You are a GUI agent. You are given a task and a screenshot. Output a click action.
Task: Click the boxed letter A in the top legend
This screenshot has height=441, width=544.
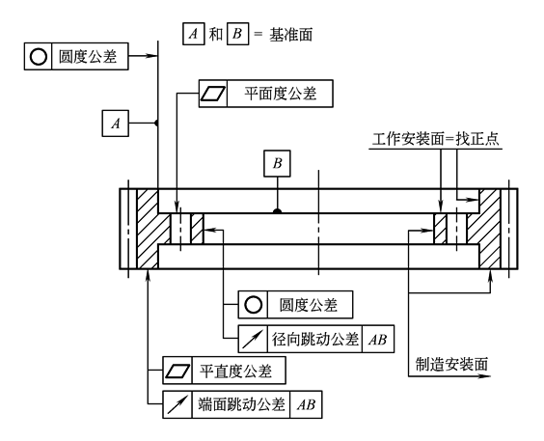pyautogui.click(x=194, y=34)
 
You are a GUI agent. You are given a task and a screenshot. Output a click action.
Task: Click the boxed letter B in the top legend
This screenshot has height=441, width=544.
pyautogui.click(x=237, y=34)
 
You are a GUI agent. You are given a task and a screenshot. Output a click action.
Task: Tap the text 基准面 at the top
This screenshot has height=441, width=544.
pyautogui.click(x=290, y=35)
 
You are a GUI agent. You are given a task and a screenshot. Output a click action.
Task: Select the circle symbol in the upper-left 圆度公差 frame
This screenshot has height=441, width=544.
pyautogui.click(x=39, y=57)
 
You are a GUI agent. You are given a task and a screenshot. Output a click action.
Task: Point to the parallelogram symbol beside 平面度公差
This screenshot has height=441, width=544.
pyautogui.click(x=213, y=94)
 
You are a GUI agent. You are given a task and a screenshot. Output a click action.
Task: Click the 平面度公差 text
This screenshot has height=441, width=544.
pyautogui.click(x=281, y=94)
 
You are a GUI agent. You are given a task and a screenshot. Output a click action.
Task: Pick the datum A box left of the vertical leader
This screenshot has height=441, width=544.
pyautogui.click(x=116, y=124)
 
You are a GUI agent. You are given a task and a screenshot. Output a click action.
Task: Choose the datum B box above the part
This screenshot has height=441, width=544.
pyautogui.click(x=277, y=163)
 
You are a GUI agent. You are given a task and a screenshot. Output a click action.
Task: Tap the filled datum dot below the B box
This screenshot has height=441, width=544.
pyautogui.click(x=277, y=210)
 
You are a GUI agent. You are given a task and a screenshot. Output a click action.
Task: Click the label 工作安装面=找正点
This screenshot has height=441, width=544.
pyautogui.click(x=436, y=139)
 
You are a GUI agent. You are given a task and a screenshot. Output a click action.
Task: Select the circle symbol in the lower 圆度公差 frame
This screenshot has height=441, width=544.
pyautogui.click(x=253, y=305)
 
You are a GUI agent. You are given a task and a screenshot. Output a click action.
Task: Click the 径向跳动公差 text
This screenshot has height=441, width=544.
pyautogui.click(x=314, y=339)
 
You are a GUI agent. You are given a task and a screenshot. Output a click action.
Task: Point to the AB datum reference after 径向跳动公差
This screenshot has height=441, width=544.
pyautogui.click(x=378, y=340)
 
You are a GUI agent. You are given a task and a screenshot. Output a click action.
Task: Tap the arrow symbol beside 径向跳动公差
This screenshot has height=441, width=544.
pyautogui.click(x=253, y=339)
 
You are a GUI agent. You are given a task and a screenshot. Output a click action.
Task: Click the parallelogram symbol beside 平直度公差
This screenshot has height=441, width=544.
pyautogui.click(x=177, y=371)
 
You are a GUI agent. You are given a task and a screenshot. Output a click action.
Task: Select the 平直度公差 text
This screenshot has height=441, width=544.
pyautogui.click(x=235, y=372)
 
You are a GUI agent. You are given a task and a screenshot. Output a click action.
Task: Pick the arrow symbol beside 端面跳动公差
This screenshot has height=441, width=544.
pyautogui.click(x=177, y=404)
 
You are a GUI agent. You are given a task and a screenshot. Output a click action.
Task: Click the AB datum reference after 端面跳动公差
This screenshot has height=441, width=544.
pyautogui.click(x=306, y=405)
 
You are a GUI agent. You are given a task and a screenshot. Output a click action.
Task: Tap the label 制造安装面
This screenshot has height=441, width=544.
pyautogui.click(x=451, y=365)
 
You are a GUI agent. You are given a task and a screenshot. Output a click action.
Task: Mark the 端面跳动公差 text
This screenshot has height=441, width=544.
pyautogui.click(x=242, y=404)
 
